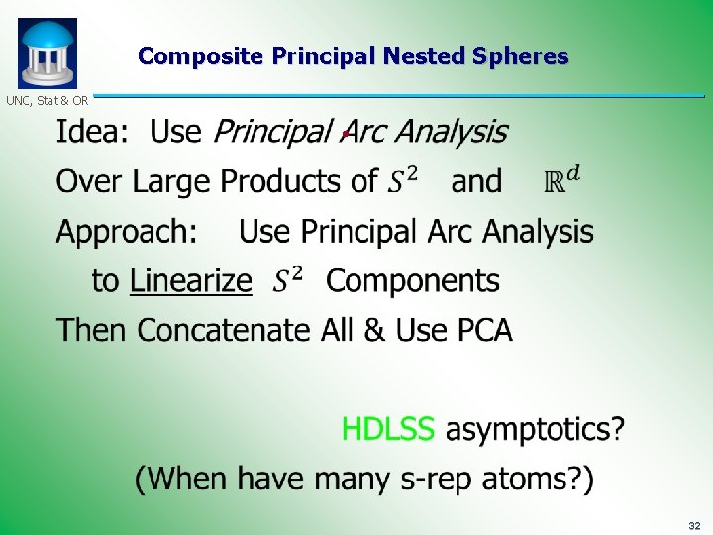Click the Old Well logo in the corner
click(x=47, y=53)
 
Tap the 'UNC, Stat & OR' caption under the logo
click(x=47, y=100)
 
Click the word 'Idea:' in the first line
click(x=92, y=132)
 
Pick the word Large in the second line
click(x=172, y=182)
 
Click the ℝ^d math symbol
click(x=562, y=180)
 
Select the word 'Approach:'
click(x=127, y=233)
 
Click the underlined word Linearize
click(x=190, y=281)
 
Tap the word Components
click(x=413, y=281)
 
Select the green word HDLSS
click(x=387, y=429)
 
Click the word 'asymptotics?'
click(x=535, y=430)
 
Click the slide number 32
click(x=693, y=524)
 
